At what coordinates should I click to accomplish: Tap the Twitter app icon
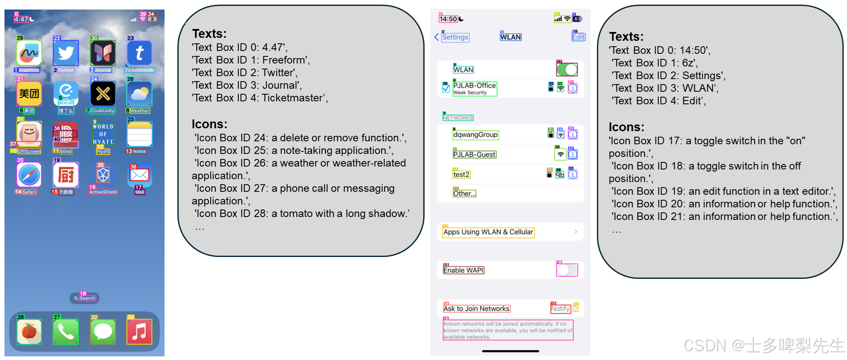pyautogui.click(x=66, y=53)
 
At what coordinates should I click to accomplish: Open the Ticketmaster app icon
pyautogui.click(x=140, y=53)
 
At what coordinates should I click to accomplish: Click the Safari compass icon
pyautogui.click(x=29, y=175)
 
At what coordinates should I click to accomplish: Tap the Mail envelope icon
pyautogui.click(x=140, y=175)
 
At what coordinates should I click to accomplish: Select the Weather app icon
pyautogui.click(x=140, y=94)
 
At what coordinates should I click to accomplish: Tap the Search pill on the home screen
pyautogui.click(x=84, y=298)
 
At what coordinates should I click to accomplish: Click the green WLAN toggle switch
pyautogui.click(x=567, y=69)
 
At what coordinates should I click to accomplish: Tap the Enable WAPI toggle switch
pyautogui.click(x=567, y=270)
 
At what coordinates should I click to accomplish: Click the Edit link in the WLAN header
pyautogui.click(x=578, y=37)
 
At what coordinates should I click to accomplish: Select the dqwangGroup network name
pyautogui.click(x=475, y=135)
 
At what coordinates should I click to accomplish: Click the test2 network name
pyautogui.click(x=461, y=175)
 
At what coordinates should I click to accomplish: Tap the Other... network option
pyautogui.click(x=464, y=193)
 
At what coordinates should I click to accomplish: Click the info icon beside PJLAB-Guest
pyautogui.click(x=573, y=154)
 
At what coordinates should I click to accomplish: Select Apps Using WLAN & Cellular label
pyautogui.click(x=488, y=232)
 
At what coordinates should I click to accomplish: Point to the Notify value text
pyautogui.click(x=560, y=309)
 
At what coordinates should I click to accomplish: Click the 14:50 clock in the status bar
pyautogui.click(x=448, y=19)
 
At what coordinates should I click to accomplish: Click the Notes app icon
pyautogui.click(x=140, y=135)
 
